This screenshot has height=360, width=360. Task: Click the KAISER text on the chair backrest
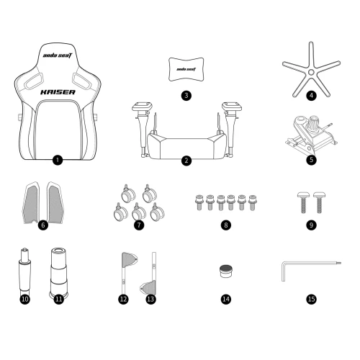point(58,92)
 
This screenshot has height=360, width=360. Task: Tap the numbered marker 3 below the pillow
point(186,96)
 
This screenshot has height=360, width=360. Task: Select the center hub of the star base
point(311,72)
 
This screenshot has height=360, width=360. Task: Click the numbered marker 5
point(311,160)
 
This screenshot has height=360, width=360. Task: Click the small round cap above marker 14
point(226,271)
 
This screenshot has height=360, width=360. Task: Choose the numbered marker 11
point(59,299)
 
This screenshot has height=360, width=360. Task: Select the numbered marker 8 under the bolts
point(226,225)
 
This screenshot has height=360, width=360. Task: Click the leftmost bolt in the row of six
point(199,202)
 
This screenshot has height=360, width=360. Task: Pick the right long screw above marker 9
point(319,202)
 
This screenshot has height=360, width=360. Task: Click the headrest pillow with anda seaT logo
point(186,69)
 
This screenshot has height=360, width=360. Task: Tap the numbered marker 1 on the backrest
point(58,160)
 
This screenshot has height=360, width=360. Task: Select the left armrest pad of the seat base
point(142,106)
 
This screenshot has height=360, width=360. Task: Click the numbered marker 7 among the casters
point(139,225)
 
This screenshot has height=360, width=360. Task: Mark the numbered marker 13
point(150,299)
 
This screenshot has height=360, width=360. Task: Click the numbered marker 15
point(311,299)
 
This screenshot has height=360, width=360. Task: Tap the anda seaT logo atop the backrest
point(58,55)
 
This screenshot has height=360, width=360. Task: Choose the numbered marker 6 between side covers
point(43,225)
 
